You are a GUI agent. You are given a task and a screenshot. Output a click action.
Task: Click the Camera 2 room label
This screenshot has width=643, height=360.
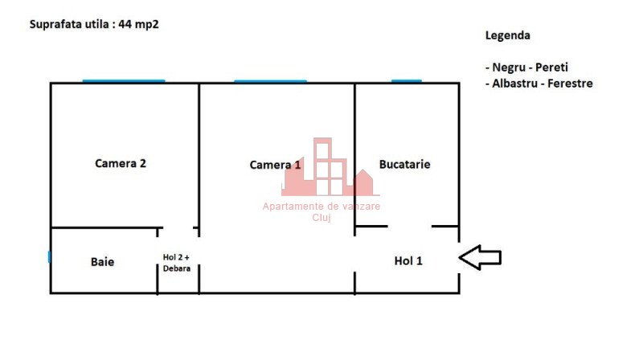tap(120, 163)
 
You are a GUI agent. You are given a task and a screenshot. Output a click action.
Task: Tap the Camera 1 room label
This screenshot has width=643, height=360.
tap(275, 165)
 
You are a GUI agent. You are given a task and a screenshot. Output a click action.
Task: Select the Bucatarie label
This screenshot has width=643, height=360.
tap(405, 165)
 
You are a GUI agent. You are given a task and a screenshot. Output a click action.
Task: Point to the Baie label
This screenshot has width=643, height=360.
tap(103, 262)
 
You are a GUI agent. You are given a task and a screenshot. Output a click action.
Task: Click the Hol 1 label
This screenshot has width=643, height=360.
tap(408, 261)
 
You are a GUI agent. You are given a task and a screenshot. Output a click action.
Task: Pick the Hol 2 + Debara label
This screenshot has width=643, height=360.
tap(176, 263)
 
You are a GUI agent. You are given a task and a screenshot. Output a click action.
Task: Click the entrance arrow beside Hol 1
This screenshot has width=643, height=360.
tap(480, 257)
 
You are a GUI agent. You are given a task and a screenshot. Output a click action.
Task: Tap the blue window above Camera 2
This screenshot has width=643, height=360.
tap(124, 81)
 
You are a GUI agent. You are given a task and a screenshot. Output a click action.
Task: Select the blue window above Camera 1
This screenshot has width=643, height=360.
tap(270, 81)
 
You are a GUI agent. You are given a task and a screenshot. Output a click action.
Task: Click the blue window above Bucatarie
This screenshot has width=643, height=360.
tap(407, 81)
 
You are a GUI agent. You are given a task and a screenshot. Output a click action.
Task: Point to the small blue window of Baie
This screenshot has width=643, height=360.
tap(49, 257)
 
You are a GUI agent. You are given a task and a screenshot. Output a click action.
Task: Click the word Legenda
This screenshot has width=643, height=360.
tap(508, 35)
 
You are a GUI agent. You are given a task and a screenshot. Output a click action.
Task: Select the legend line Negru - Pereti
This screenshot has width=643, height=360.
tap(526, 67)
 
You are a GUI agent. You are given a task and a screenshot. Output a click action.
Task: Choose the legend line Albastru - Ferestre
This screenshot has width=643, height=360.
tap(539, 84)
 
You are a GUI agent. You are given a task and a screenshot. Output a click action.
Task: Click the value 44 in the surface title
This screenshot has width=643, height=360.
tap(125, 24)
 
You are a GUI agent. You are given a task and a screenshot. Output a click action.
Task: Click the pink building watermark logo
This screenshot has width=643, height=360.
tap(330, 167)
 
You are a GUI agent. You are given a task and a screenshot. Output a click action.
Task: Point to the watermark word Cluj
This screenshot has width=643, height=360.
tap(321, 218)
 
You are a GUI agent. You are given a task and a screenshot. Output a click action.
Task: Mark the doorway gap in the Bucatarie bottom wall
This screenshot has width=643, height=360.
tap(410, 226)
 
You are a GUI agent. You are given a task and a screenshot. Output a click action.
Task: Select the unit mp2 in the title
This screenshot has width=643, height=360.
tap(147, 25)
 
